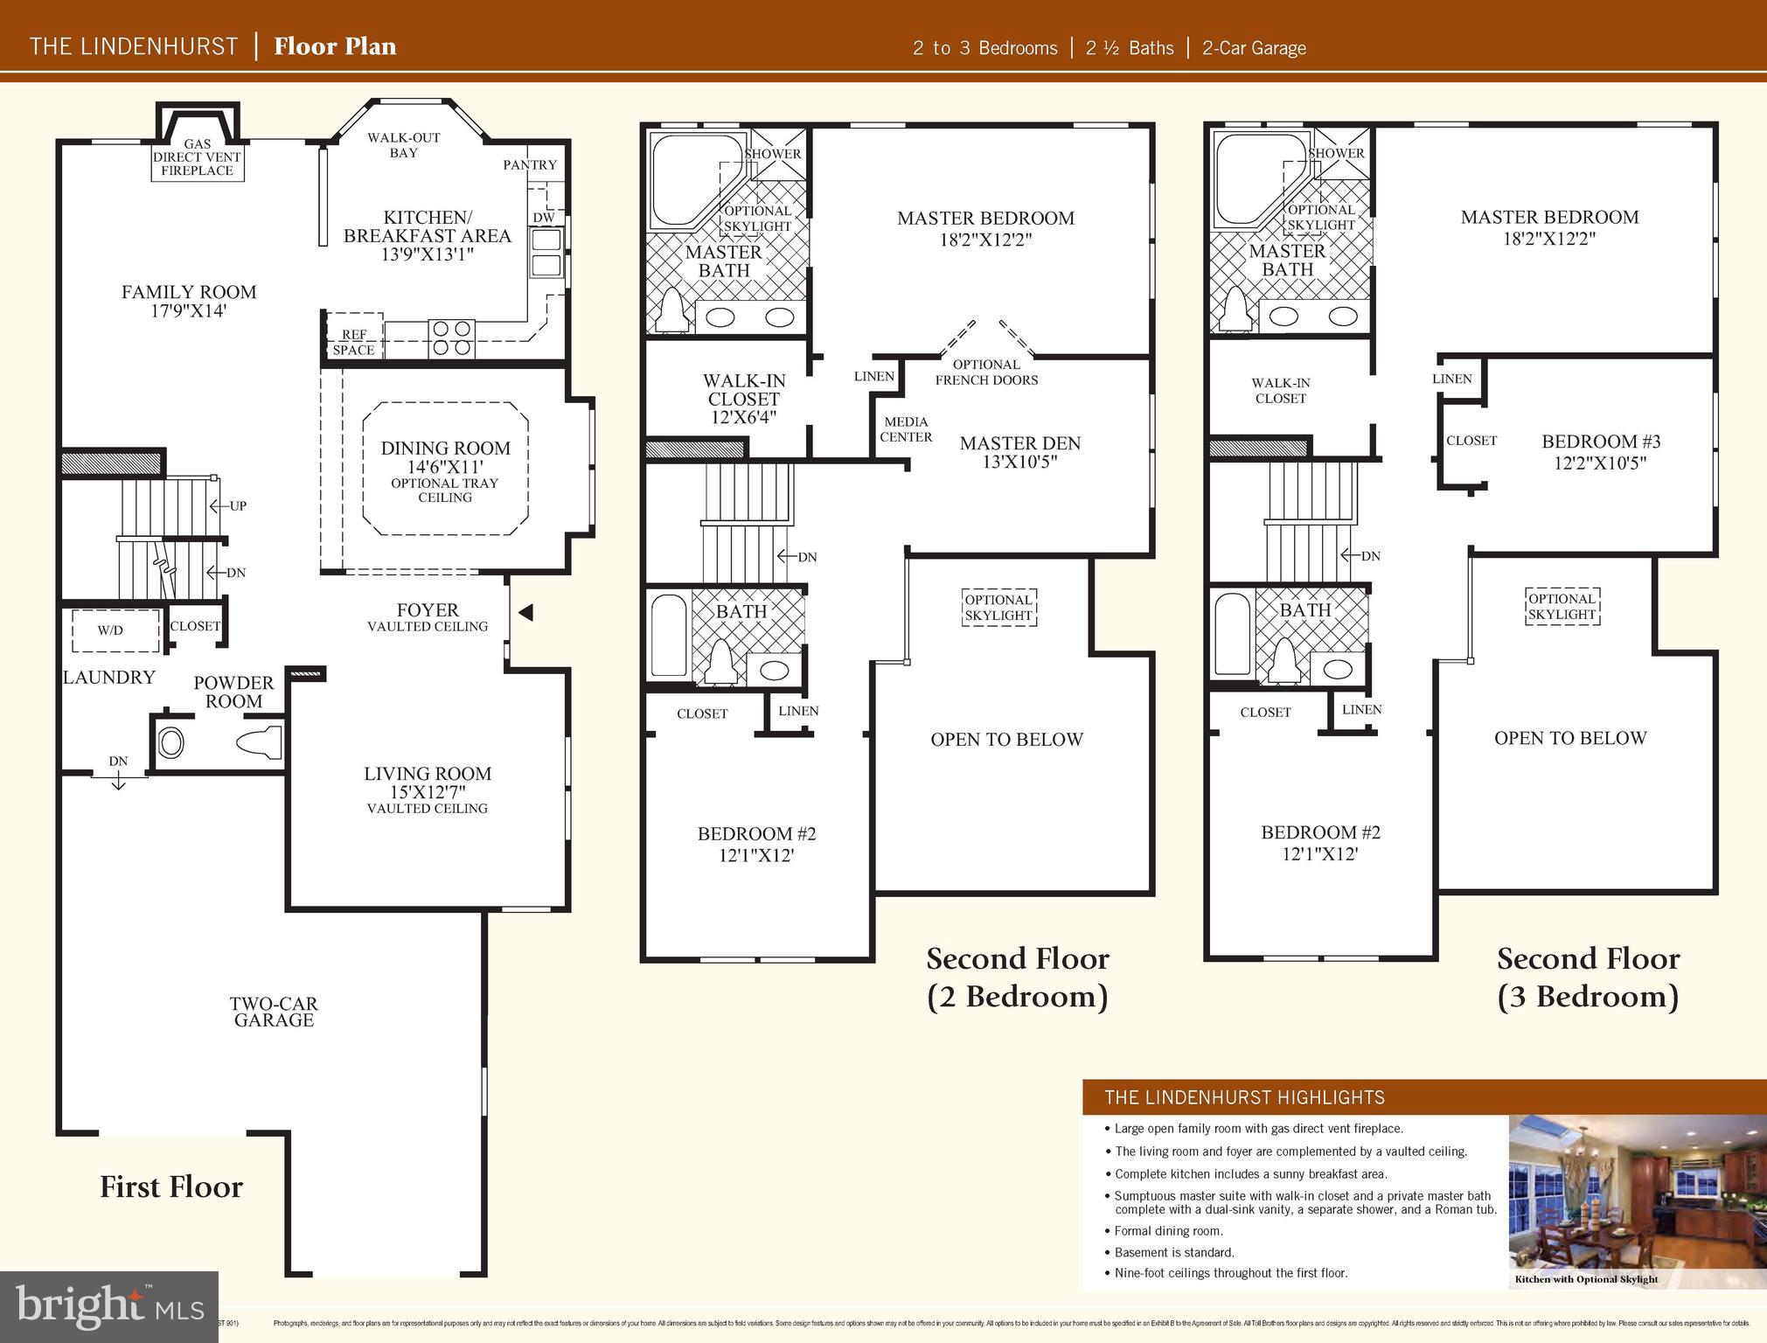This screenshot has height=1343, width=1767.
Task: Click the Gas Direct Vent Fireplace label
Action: (198, 158)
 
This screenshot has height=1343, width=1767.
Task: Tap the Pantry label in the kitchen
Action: (530, 164)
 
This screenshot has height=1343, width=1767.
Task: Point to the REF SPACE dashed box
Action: (354, 335)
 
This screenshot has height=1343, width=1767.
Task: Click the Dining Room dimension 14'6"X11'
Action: (445, 467)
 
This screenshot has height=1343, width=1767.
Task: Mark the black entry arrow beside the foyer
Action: (525, 613)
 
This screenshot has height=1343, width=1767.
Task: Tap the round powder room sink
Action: (170, 743)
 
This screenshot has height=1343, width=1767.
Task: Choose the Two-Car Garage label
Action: (274, 1012)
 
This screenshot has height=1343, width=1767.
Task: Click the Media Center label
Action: (906, 429)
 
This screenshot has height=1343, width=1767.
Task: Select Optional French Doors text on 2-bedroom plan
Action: (986, 372)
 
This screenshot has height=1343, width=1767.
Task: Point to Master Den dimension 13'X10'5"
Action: (1019, 463)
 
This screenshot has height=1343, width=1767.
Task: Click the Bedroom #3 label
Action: (1600, 442)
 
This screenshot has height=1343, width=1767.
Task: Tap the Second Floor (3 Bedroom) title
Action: (1588, 978)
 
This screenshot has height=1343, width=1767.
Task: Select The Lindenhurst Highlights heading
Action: (1244, 1097)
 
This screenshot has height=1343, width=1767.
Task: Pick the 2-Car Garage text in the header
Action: (1254, 48)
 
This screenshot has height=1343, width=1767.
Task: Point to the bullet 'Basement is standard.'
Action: (1174, 1252)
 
